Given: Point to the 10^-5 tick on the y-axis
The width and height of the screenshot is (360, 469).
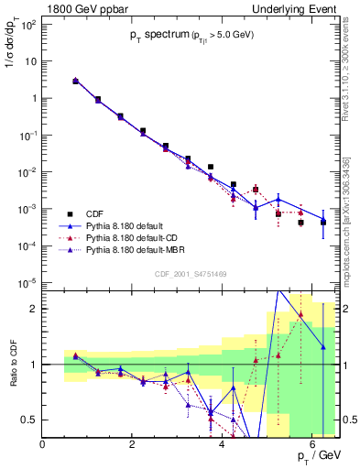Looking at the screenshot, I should (x=26, y=283).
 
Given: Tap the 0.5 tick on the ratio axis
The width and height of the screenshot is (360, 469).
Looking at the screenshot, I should (x=29, y=420).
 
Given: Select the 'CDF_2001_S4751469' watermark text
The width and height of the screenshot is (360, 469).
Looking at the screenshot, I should (x=191, y=273).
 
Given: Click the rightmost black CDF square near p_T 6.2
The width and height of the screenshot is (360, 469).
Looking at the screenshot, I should (x=323, y=222).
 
